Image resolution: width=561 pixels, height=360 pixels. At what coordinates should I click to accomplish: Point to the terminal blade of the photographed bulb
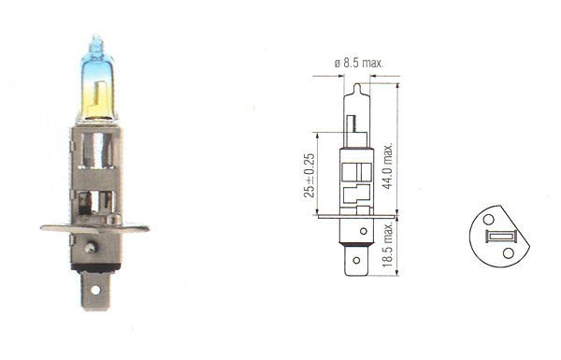tap(94, 281)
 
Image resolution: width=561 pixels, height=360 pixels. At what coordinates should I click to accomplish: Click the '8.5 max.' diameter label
tap(365, 64)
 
